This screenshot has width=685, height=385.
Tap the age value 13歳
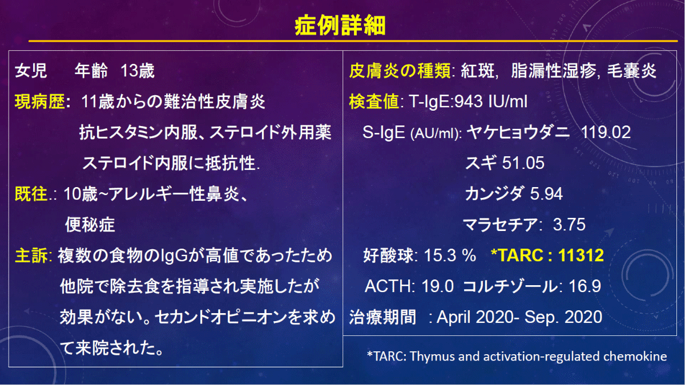click(138, 71)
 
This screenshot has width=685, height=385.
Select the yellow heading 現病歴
click(40, 102)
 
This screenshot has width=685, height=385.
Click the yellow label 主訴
click(31, 256)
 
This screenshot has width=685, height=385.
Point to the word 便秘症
click(90, 225)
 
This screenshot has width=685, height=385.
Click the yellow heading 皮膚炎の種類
click(400, 71)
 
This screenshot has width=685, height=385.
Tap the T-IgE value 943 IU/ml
click(491, 102)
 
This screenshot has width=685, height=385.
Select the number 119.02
click(606, 132)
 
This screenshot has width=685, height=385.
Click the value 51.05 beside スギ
click(523, 163)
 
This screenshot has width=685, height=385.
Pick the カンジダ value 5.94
click(546, 194)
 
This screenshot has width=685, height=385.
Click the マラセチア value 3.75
click(569, 225)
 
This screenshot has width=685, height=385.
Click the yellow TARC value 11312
click(581, 255)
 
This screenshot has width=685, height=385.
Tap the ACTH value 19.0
click(438, 286)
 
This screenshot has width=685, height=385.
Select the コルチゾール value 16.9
click(585, 286)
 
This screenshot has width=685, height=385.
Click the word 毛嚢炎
click(631, 71)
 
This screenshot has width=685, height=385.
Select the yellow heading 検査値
click(374, 102)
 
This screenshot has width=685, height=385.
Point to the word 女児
click(31, 71)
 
